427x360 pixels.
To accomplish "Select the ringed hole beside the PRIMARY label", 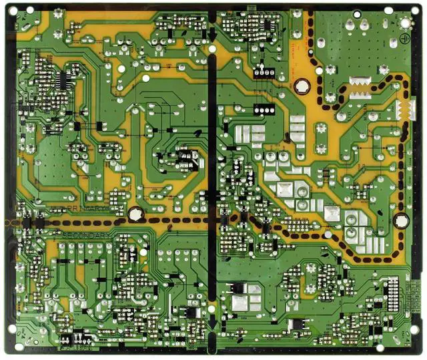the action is (x=135, y=214).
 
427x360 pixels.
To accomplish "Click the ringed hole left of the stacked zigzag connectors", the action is (x=302, y=86).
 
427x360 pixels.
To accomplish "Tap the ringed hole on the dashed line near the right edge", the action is (x=400, y=220).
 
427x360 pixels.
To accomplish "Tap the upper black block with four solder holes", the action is (x=266, y=72).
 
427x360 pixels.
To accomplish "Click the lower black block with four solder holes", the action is (x=266, y=109).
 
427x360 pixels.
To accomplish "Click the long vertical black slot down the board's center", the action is (x=213, y=180).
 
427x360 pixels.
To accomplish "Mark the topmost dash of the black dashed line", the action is (x=311, y=15).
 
